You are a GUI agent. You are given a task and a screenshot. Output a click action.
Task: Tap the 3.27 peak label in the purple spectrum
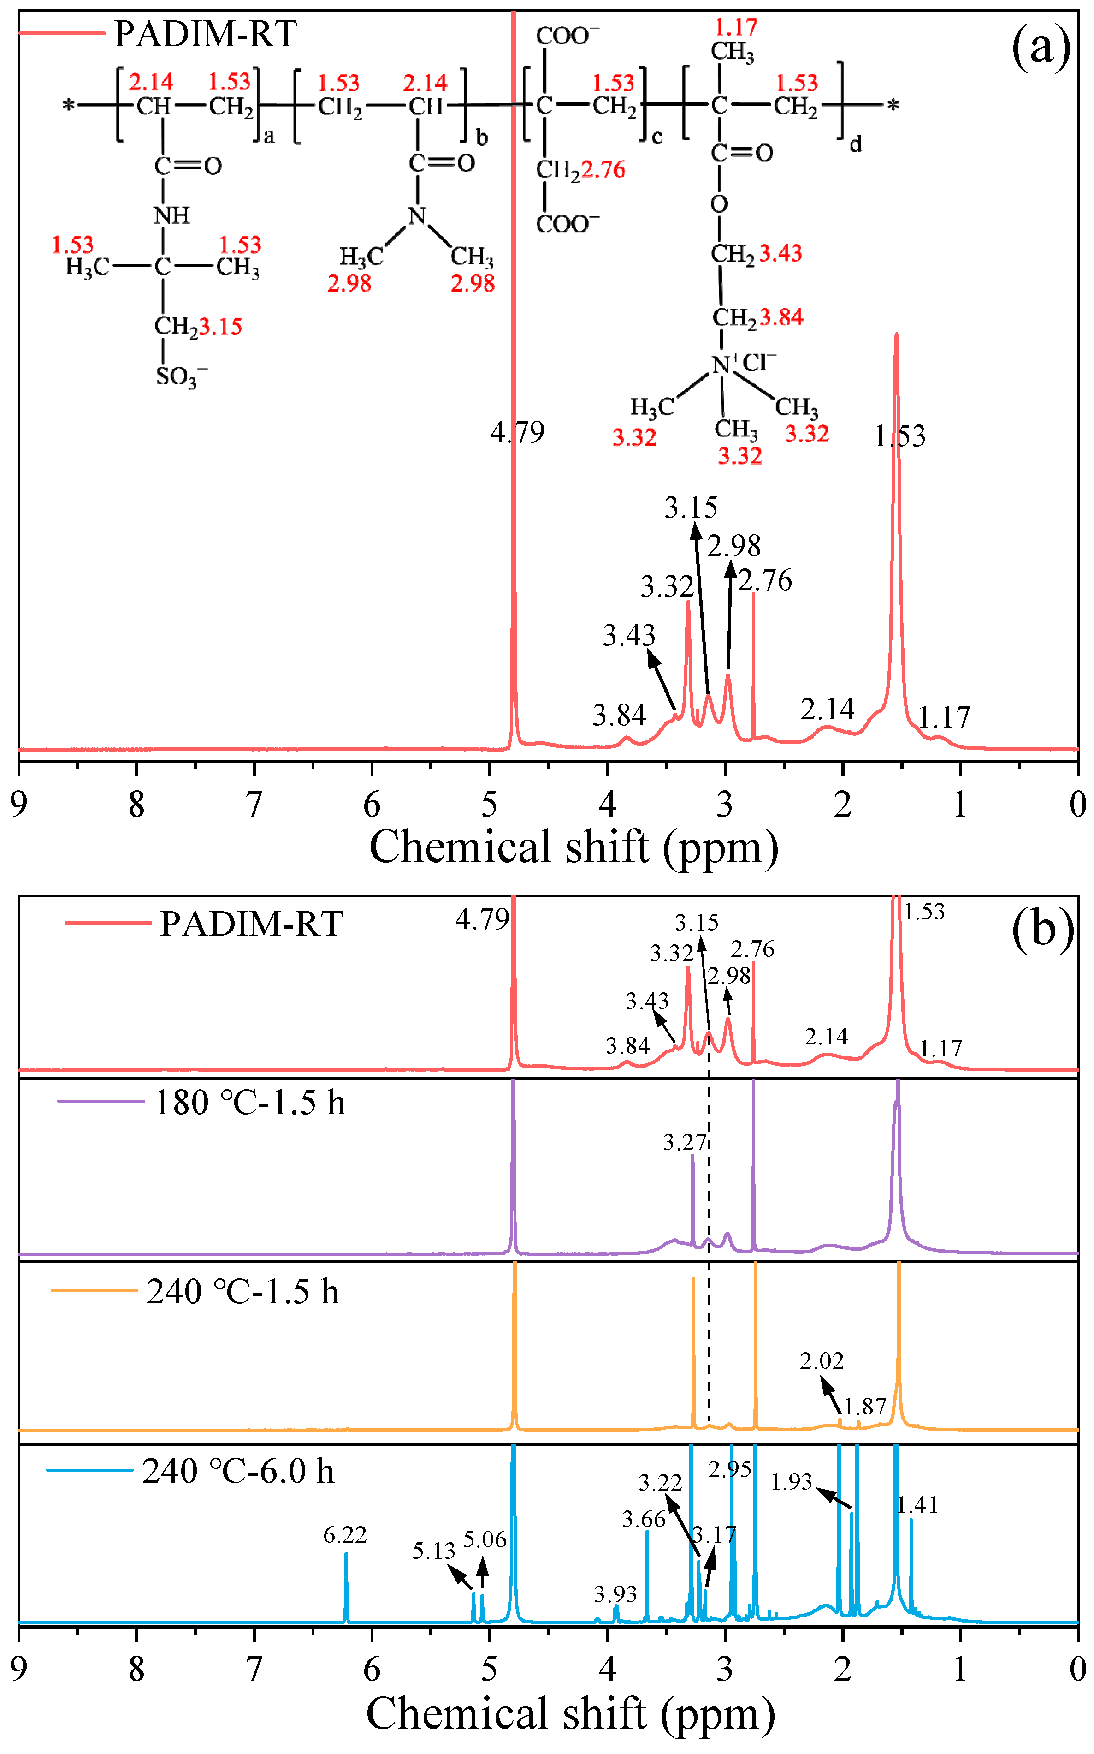684,1142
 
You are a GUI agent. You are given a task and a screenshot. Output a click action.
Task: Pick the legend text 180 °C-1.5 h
249,1103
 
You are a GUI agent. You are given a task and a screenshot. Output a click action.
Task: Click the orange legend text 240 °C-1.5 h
242,1291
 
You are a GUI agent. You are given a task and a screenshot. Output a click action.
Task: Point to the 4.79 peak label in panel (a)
517,432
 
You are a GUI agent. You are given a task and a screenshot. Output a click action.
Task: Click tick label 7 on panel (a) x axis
254,804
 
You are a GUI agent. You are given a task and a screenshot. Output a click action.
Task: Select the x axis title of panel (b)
570,1714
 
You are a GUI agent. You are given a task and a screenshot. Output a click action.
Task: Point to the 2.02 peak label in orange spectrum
821,1361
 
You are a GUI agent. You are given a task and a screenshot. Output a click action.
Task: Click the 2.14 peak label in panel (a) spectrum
827,709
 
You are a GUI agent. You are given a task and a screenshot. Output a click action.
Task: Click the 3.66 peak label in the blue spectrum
643,1520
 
